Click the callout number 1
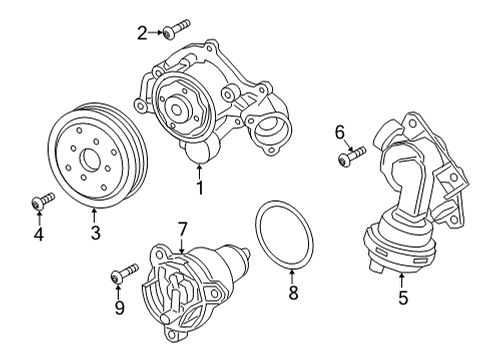pos(200,188)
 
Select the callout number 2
pos(142,33)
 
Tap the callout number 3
pos(95,233)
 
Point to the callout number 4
pos(39,234)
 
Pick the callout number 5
pos(403,298)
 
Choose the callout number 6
pos(339,132)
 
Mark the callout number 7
pos(183,230)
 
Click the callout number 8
pos(293,293)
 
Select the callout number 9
pos(119,307)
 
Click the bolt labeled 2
pos(176,29)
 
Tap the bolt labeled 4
pos(43,202)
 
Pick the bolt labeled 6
pos(352,156)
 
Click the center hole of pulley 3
pos(90,159)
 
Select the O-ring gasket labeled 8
pos(284,235)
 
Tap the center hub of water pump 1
pos(176,109)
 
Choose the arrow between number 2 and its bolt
pos(155,32)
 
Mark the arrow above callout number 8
pos(292,276)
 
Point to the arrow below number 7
pos(182,247)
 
